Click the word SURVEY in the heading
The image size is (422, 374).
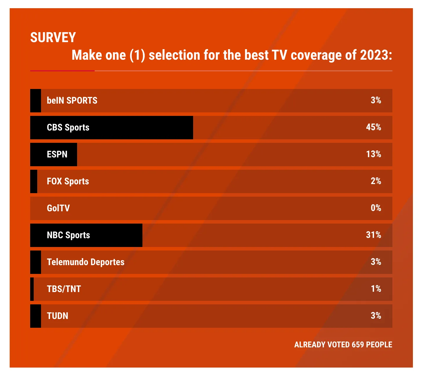pyautogui.click(x=53, y=37)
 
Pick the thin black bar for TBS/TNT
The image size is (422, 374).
pyautogui.click(x=32, y=289)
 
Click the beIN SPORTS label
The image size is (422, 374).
pyautogui.click(x=72, y=100)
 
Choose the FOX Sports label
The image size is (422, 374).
pyautogui.click(x=68, y=181)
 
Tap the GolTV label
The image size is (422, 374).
pyautogui.click(x=58, y=208)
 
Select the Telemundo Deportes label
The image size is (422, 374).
pyautogui.click(x=86, y=262)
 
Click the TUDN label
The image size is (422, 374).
pyautogui.click(x=57, y=316)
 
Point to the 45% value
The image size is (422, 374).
pyautogui.click(x=373, y=127)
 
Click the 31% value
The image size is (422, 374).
pyautogui.click(x=373, y=235)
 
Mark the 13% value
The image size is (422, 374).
pyautogui.click(x=373, y=154)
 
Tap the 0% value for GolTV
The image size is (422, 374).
pyautogui.click(x=376, y=208)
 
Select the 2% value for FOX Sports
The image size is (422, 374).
pyautogui.click(x=376, y=181)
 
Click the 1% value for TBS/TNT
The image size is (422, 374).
pyautogui.click(x=376, y=289)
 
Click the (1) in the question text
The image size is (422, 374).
pyautogui.click(x=137, y=55)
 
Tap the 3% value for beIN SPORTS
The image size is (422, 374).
pyautogui.click(x=376, y=100)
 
